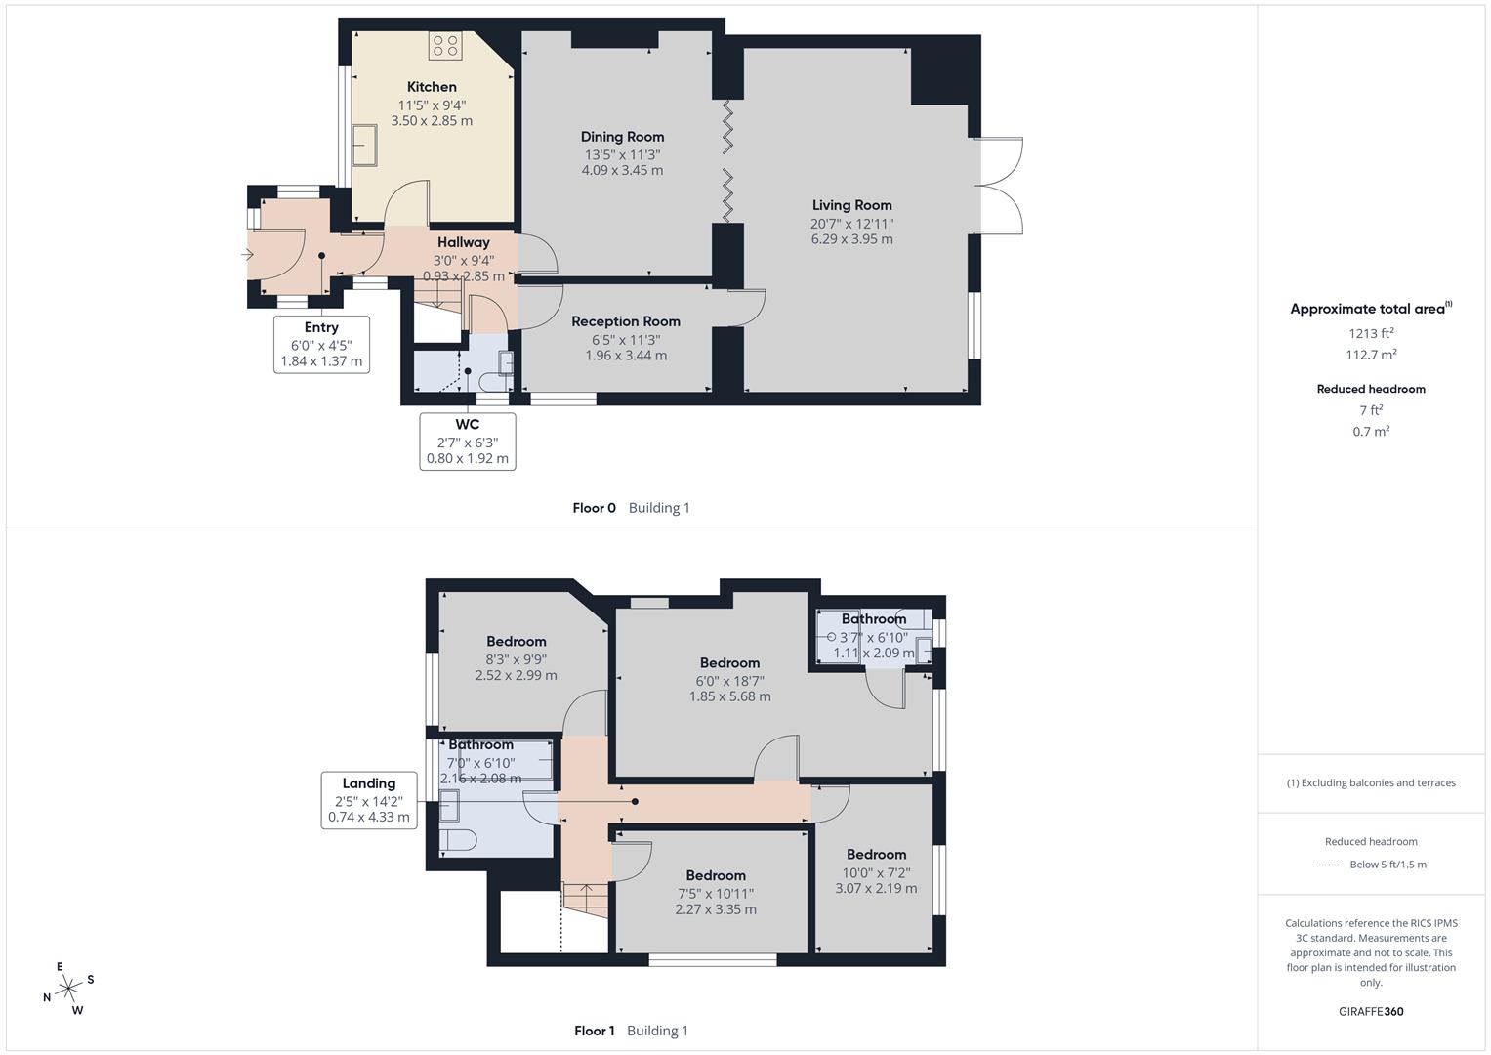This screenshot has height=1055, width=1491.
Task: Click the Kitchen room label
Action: coord(432,87)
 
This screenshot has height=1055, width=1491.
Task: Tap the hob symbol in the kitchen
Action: coord(444,45)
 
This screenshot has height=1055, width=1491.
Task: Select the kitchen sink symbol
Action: coord(365,146)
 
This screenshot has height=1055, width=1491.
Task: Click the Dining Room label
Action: coord(622,137)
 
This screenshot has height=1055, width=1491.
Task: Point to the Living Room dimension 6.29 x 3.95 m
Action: coord(851,239)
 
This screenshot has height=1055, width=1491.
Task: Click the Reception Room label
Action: coord(626,321)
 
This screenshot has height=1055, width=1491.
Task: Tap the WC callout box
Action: coord(468,441)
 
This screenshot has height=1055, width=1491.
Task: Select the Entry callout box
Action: coord(321,344)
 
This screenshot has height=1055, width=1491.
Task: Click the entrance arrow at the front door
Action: coord(248,256)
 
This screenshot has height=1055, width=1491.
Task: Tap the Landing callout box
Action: coord(369,800)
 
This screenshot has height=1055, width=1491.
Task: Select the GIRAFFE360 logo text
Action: coord(1371,1011)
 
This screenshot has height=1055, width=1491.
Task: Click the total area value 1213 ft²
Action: coord(1371,333)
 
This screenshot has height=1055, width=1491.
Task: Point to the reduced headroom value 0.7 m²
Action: coord(1371,432)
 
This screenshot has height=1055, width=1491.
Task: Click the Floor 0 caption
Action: coord(594,508)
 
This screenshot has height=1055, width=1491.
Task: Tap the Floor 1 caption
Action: coord(594,1031)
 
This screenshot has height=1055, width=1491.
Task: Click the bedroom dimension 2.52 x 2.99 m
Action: coord(516,675)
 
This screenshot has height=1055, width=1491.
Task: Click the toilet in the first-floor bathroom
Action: coord(457,840)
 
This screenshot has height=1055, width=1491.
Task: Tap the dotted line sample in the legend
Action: coord(1329,865)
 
